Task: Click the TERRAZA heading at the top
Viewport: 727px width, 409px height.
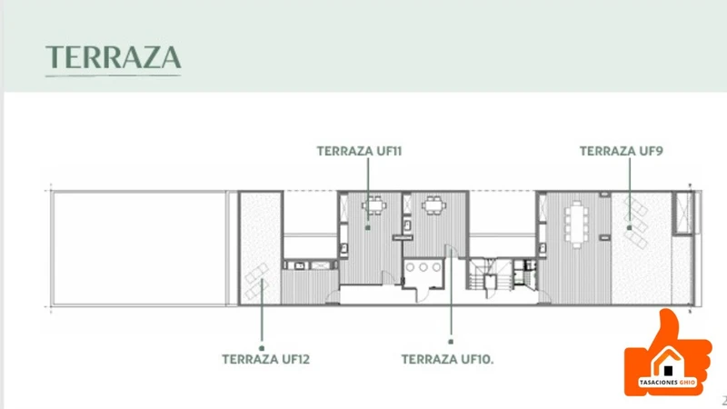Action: pyautogui.click(x=113, y=57)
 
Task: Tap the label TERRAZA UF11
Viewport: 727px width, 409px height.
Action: pyautogui.click(x=359, y=151)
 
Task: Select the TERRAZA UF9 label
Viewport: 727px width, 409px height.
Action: pyautogui.click(x=622, y=151)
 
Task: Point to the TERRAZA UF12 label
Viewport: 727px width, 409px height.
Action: pyautogui.click(x=265, y=359)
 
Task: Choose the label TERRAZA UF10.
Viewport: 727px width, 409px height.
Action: pyautogui.click(x=447, y=359)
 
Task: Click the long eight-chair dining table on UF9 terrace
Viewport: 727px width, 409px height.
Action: pyautogui.click(x=576, y=224)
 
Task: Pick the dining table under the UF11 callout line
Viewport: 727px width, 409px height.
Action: pyautogui.click(x=374, y=205)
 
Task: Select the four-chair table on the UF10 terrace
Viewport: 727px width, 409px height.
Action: pyautogui.click(x=434, y=205)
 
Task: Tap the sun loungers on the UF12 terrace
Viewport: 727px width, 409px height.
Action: pyautogui.click(x=257, y=281)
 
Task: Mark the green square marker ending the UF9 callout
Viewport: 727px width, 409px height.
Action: pyautogui.click(x=629, y=228)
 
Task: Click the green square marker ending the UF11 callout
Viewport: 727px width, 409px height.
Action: pyautogui.click(x=368, y=228)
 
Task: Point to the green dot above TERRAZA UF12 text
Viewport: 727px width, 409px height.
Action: pyautogui.click(x=262, y=348)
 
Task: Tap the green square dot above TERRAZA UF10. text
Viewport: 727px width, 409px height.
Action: pyautogui.click(x=451, y=342)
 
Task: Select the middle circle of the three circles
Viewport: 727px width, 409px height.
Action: pyautogui.click(x=423, y=267)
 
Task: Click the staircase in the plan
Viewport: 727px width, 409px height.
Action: pyautogui.click(x=483, y=276)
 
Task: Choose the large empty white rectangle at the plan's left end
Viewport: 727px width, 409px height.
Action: pyautogui.click(x=139, y=248)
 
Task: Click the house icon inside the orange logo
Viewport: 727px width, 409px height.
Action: pyautogui.click(x=668, y=362)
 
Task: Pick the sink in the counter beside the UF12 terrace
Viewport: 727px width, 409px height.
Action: pyautogui.click(x=300, y=265)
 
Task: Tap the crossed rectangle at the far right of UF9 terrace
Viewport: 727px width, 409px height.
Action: pyautogui.click(x=682, y=213)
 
